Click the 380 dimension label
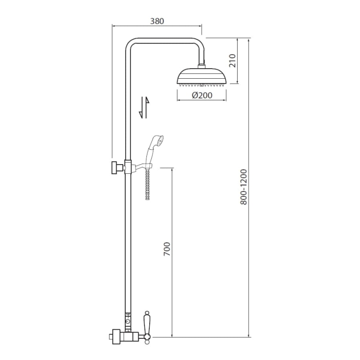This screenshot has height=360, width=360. [157, 21]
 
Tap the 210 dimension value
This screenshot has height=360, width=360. [233, 60]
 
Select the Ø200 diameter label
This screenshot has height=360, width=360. [202, 96]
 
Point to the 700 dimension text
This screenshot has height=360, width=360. [167, 249]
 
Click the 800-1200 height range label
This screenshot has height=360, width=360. [243, 187]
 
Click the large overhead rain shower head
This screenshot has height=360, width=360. [202, 76]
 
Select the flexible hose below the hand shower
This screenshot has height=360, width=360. [148, 183]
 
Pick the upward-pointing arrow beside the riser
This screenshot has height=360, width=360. [147, 108]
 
